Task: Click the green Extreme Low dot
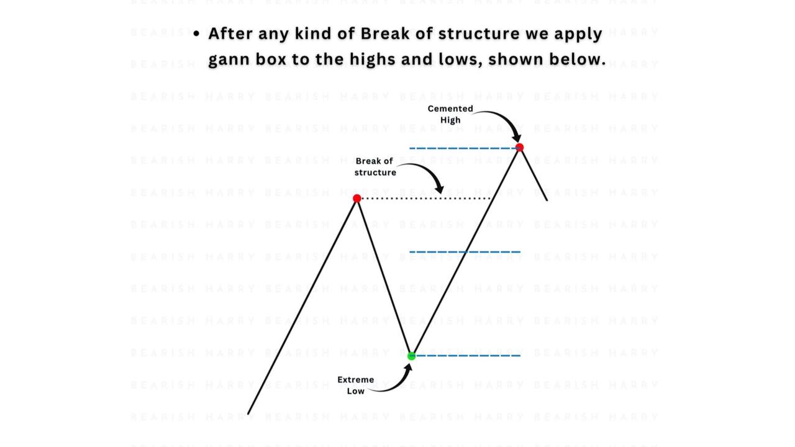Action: pos(411,356)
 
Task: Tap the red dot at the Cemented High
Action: pos(520,148)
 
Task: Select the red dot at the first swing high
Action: pos(357,198)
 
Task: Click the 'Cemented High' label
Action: pos(450,114)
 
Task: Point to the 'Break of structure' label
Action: pos(375,167)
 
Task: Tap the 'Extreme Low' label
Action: pos(356,386)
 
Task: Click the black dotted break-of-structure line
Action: pos(426,198)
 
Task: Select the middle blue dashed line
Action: pos(465,252)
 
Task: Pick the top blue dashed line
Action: pos(463,148)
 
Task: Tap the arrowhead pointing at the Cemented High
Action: pos(517,137)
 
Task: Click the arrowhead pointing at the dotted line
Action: pos(440,189)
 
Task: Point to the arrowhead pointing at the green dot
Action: pos(408,369)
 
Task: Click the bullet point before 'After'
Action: pos(197,34)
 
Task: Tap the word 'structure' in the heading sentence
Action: pos(479,34)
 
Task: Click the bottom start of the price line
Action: pos(248,413)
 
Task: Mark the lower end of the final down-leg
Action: pos(547,201)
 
